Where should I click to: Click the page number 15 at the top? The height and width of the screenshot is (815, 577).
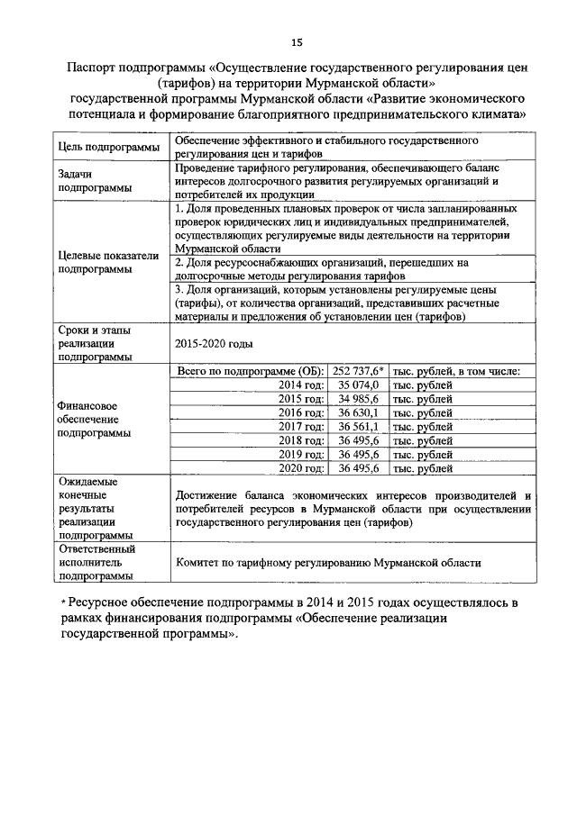tap(296, 42)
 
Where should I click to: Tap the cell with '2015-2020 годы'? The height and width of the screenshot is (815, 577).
tap(215, 344)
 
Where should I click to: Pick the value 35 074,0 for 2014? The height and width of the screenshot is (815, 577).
tap(358, 385)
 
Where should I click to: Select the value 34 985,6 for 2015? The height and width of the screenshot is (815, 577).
tap(358, 400)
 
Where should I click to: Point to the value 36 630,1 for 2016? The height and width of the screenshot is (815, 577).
tap(358, 413)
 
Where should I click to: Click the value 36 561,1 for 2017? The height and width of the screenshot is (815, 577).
tap(358, 427)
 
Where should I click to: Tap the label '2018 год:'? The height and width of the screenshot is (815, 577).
tap(300, 440)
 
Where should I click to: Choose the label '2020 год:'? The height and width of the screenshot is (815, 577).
tap(300, 468)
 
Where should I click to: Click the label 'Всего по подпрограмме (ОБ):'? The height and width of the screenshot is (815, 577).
tap(250, 371)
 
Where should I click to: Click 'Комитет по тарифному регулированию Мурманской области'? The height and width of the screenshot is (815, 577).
tap(328, 562)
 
